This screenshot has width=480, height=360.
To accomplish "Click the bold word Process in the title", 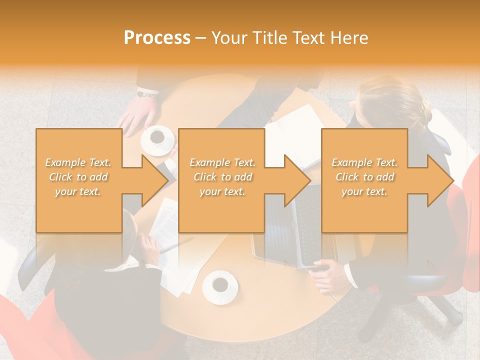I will pos(157,38).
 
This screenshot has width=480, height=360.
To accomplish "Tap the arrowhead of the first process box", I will pos(155,180).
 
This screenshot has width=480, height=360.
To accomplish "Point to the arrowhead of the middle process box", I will pos(298,180).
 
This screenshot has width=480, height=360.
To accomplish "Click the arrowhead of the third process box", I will pos(440,180).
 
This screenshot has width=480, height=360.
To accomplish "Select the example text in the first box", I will pos(78,177).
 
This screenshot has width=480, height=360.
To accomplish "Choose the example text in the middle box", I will pos(222,177).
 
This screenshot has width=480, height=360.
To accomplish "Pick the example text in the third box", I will pos(364,177).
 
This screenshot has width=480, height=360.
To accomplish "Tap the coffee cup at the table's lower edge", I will pos(220,286).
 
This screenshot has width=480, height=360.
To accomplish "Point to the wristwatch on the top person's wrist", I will pos(148,93).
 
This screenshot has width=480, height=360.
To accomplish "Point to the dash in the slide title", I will pos(200,38).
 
